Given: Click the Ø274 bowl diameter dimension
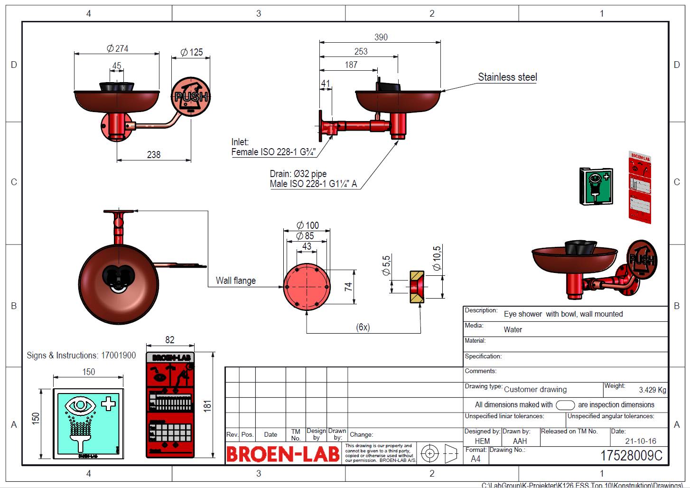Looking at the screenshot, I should [117, 48].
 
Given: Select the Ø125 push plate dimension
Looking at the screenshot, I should [191, 52].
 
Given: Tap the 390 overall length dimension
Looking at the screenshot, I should [381, 37].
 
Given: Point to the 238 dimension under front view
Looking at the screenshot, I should [153, 154].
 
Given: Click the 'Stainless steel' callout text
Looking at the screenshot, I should [507, 77].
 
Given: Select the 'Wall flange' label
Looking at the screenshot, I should [235, 281].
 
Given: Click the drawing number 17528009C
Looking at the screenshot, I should [631, 455].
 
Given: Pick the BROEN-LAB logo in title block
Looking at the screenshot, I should [282, 454].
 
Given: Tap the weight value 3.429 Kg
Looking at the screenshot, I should [652, 390].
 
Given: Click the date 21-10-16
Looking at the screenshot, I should [640, 441].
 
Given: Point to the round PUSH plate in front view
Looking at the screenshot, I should [190, 96].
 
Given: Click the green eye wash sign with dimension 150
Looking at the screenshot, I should [88, 423].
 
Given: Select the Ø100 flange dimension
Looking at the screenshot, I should [307, 225].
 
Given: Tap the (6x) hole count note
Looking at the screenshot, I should [363, 327].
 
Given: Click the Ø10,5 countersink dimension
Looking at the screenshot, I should [437, 258].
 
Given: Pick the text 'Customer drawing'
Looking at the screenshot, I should [535, 390].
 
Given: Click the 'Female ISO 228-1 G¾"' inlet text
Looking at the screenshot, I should [273, 152].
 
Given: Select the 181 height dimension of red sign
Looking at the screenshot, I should [207, 405].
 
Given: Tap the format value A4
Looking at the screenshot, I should [475, 459].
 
